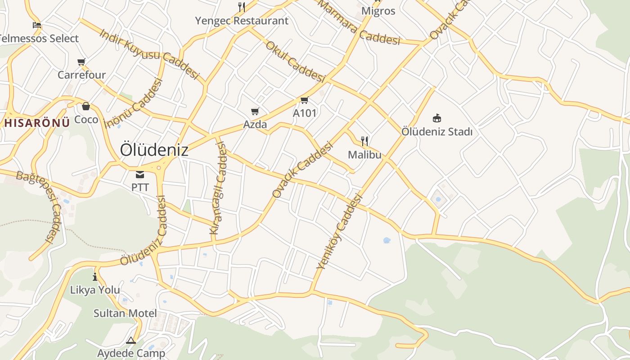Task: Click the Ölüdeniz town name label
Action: (x=154, y=150)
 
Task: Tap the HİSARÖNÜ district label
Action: (x=36, y=122)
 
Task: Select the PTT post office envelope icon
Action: (x=140, y=175)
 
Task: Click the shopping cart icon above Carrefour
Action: (x=81, y=62)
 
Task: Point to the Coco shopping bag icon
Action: (x=86, y=107)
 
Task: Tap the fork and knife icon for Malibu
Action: (x=364, y=141)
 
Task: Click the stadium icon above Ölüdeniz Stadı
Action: (x=436, y=118)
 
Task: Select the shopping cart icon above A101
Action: (x=305, y=100)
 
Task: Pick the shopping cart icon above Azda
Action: (x=255, y=111)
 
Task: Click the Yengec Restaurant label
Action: (x=242, y=21)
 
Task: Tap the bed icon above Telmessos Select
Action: (x=37, y=25)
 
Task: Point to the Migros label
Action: (x=378, y=11)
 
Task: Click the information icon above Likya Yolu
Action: (x=95, y=277)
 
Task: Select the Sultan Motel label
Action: (x=125, y=313)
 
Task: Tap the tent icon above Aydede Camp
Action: (x=131, y=341)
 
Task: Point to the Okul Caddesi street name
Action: (x=295, y=62)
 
